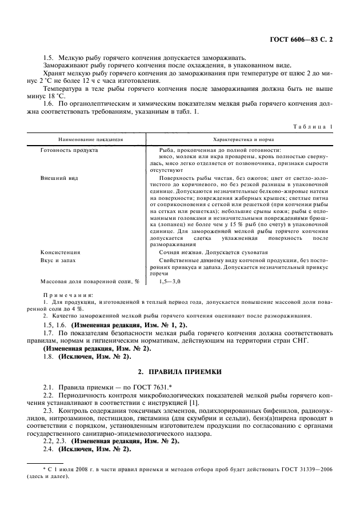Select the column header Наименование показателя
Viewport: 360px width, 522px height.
pyautogui.click(x=90, y=139)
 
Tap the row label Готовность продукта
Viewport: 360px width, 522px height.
pyautogui.click(x=69, y=150)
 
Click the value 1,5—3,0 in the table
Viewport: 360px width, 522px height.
pyautogui.click(x=170, y=282)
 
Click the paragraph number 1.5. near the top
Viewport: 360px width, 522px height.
pyautogui.click(x=49, y=57)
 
